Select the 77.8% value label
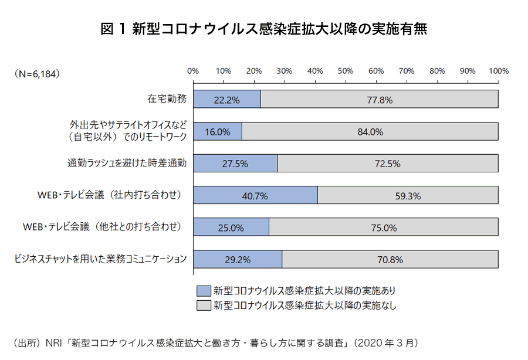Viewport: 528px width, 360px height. (379, 100)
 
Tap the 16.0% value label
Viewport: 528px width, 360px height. (217, 132)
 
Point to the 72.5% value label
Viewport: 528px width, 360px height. (387, 164)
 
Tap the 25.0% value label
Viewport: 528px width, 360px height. (231, 227)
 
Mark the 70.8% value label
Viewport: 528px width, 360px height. (390, 259)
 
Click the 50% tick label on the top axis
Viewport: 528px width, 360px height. (346, 71)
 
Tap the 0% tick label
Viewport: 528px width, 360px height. (192, 71)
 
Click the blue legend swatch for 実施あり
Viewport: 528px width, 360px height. (204, 290)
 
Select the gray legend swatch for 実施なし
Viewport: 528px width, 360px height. (204, 305)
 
